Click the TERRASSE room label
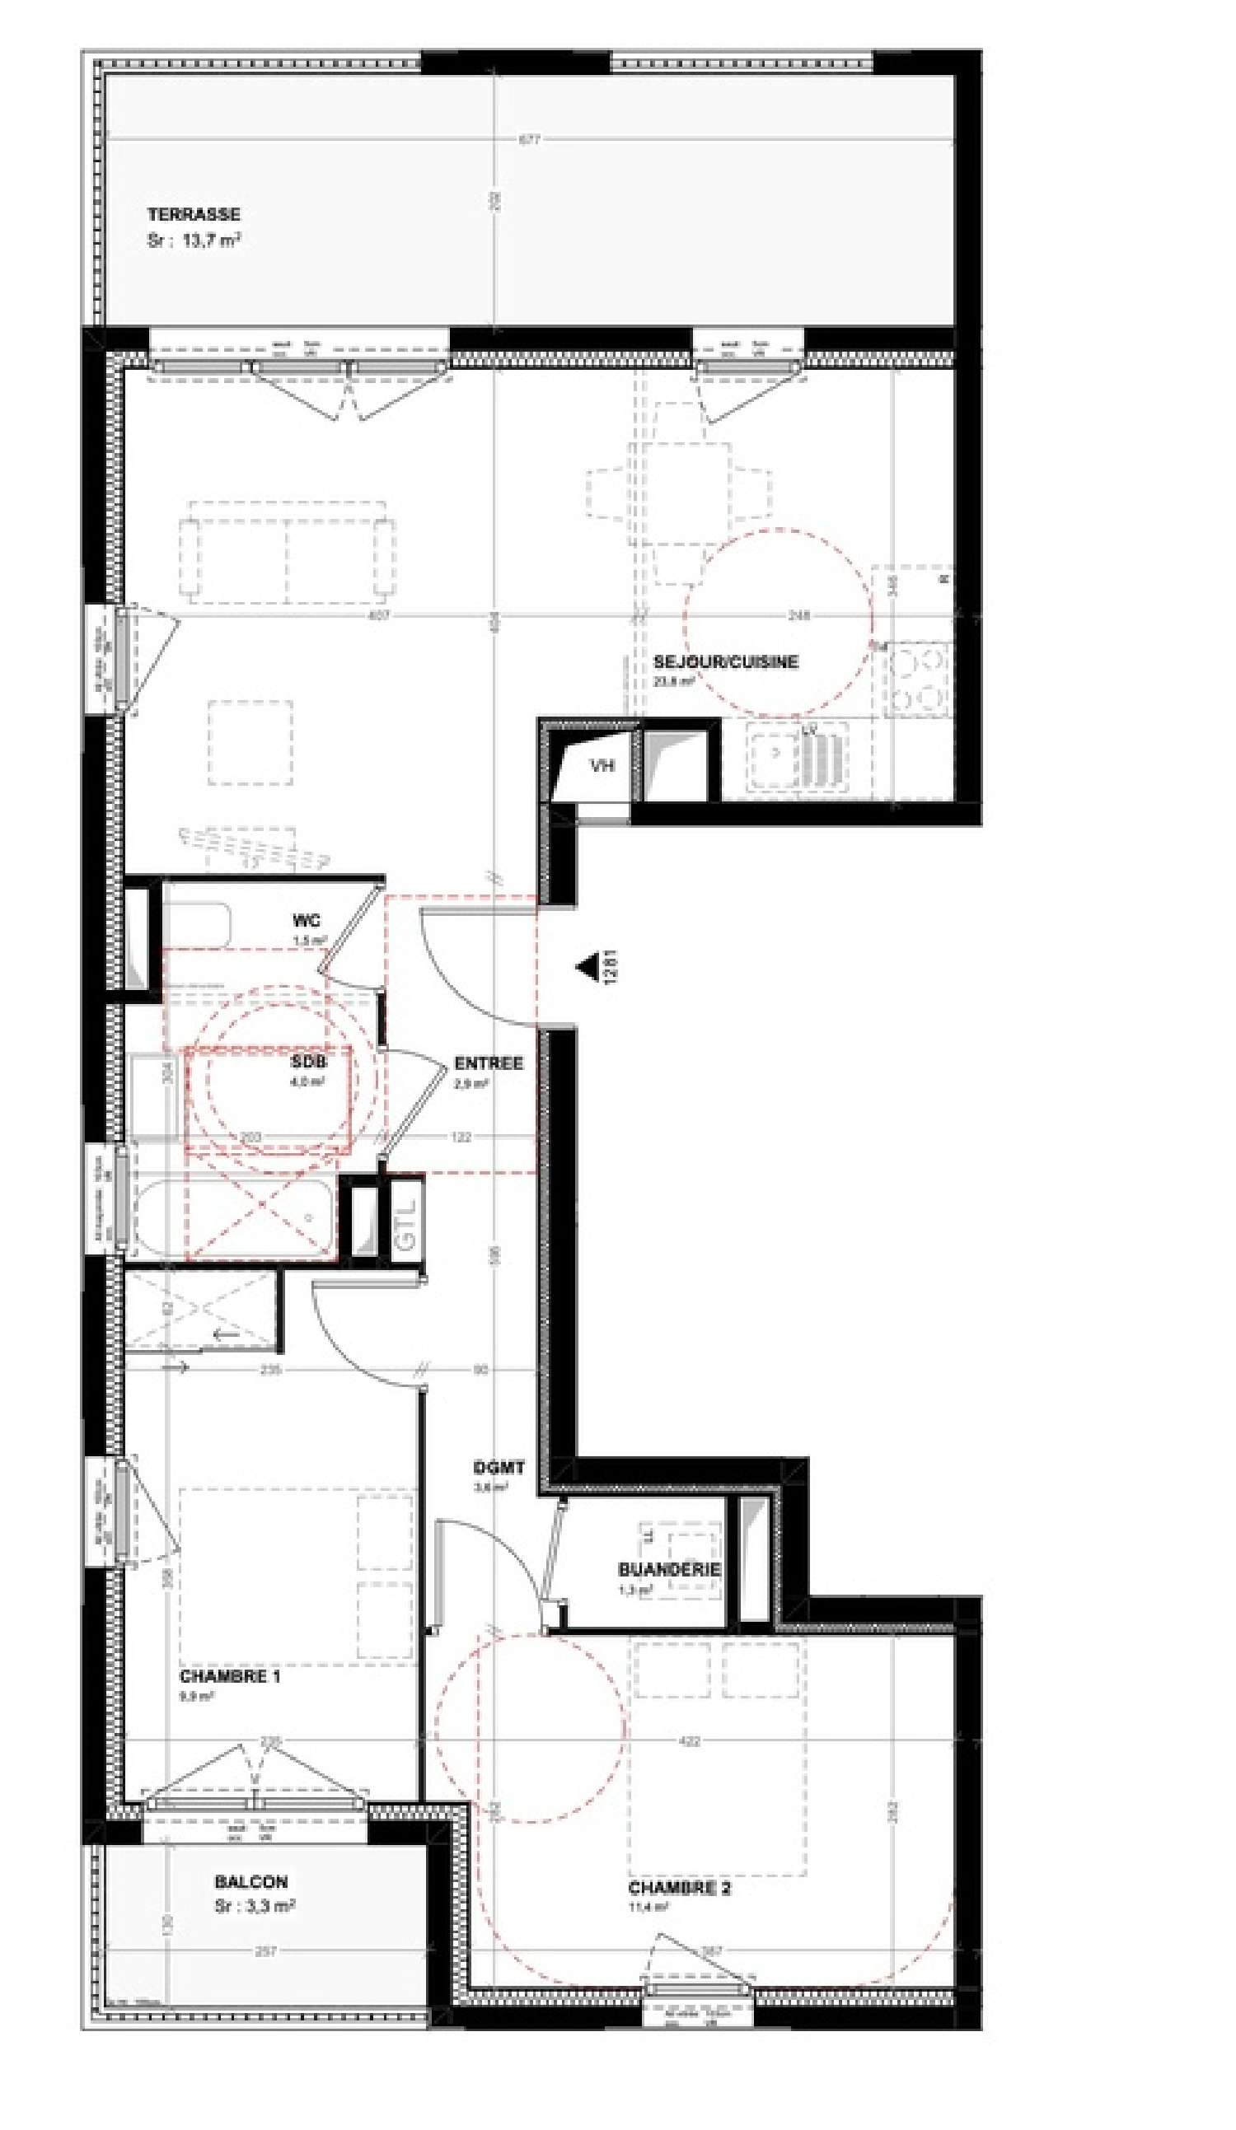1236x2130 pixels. click(194, 215)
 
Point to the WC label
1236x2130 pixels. click(306, 921)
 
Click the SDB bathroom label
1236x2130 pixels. click(307, 1063)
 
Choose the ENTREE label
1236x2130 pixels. click(489, 1063)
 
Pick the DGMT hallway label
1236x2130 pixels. click(499, 1467)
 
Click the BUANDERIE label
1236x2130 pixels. click(669, 1569)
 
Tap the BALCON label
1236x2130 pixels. click(251, 1881)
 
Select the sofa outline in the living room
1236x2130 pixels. click(287, 552)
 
